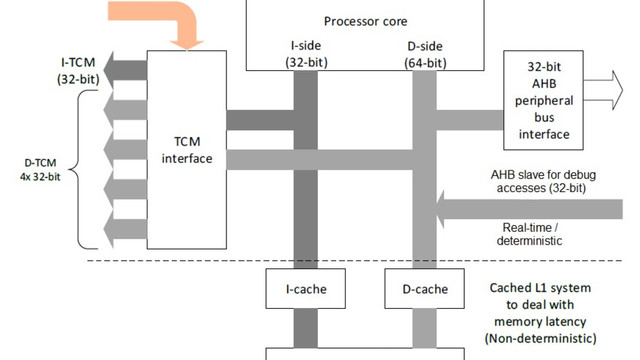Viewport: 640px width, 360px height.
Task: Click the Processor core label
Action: click(x=365, y=21)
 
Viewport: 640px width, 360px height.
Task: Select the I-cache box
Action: click(x=306, y=289)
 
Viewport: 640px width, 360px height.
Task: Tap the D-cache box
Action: click(x=424, y=289)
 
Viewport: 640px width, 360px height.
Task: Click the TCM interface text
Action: click(x=187, y=150)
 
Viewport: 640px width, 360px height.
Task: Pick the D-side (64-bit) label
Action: click(x=424, y=54)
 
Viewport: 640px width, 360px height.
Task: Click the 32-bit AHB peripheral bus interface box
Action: click(x=544, y=100)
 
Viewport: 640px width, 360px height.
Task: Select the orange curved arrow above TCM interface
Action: click(x=168, y=20)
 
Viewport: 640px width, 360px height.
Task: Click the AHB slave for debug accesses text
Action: click(x=542, y=181)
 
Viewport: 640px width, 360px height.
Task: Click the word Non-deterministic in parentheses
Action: click(x=540, y=338)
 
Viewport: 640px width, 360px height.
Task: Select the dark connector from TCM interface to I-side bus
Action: click(x=259, y=119)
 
